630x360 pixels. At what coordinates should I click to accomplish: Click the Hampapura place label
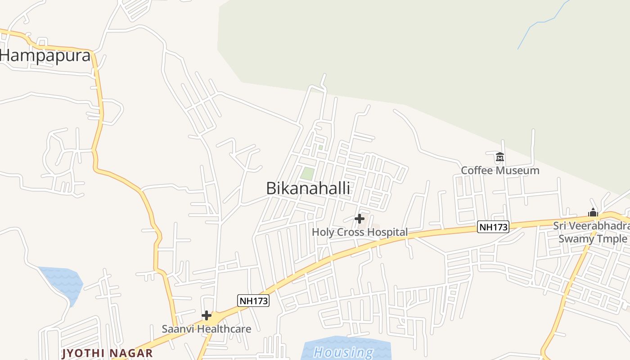[45, 56]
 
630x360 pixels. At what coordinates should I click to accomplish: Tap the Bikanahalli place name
[308, 188]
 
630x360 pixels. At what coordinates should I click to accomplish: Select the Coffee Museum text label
[500, 171]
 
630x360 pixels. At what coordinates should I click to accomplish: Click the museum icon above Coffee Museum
[499, 157]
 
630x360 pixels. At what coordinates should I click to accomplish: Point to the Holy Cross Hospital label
[360, 232]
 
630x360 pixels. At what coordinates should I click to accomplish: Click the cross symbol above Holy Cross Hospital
[359, 219]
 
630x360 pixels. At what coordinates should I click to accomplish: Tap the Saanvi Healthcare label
[206, 328]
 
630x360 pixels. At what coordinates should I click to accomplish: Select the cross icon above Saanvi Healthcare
[207, 315]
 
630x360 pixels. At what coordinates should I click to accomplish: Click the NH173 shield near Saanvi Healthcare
[253, 301]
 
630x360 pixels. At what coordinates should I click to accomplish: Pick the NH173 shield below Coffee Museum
[493, 227]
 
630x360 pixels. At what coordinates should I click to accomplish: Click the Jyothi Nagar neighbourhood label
[107, 353]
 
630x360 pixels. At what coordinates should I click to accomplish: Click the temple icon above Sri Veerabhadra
[593, 212]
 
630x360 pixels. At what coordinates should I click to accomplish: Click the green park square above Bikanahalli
[307, 173]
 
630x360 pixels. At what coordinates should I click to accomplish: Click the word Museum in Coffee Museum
[517, 171]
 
